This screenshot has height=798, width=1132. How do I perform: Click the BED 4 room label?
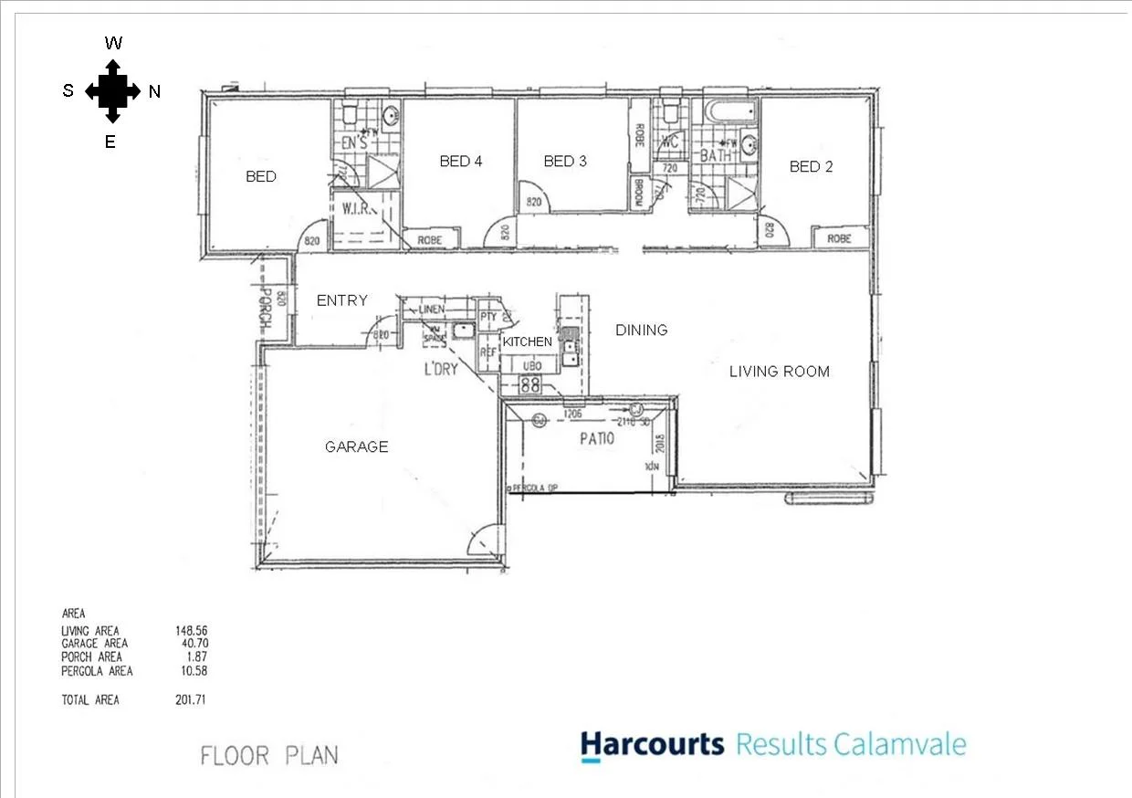[x=461, y=162]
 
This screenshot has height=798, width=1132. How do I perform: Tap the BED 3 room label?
[x=565, y=162]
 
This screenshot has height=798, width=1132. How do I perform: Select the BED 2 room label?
[x=811, y=166]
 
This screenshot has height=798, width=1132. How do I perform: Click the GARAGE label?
[x=357, y=446]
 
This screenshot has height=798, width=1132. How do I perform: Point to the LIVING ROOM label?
[x=779, y=371]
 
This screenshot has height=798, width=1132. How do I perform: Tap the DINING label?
[x=641, y=330]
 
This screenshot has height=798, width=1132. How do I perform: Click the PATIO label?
[x=597, y=439]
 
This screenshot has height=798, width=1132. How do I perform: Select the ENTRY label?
[x=341, y=300]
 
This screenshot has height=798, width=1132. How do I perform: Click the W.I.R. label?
[x=354, y=208]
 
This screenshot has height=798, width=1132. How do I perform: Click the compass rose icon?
[x=112, y=91]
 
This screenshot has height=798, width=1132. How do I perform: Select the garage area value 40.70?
[x=194, y=644]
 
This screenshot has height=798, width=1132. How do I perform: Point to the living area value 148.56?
[x=192, y=631]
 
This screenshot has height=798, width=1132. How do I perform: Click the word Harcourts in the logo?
[x=652, y=744]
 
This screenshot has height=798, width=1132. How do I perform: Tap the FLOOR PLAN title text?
[x=269, y=756]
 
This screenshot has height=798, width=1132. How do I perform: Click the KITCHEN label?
[x=528, y=341]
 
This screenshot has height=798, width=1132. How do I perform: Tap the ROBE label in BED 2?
[x=839, y=238]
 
